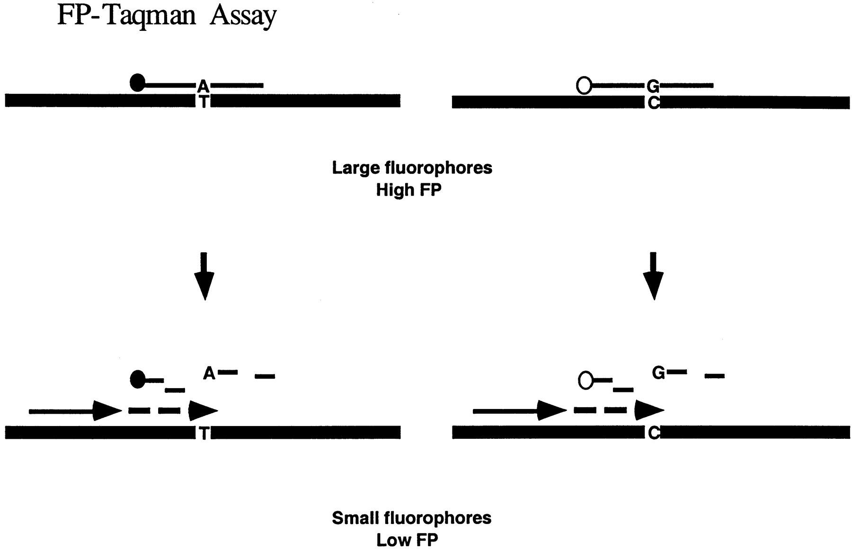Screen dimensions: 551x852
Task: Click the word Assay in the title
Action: [243, 16]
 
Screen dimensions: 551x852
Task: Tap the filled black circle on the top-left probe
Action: [137, 83]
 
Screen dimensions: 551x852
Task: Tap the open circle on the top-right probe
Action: [584, 86]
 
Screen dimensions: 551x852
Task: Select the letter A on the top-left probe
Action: [203, 86]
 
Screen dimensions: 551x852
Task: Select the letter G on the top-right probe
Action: [653, 86]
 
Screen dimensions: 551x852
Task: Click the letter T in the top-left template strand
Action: [203, 101]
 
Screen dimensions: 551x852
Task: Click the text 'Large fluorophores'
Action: [412, 168]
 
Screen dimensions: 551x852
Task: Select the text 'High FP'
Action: [408, 190]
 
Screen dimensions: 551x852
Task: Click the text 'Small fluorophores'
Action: [411, 518]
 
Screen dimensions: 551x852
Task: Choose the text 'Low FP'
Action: [407, 540]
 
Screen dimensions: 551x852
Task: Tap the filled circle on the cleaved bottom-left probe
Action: [137, 379]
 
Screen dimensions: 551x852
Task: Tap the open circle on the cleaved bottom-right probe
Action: [586, 380]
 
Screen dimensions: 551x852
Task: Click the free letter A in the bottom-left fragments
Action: [209, 373]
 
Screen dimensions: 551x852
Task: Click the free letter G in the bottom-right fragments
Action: [658, 373]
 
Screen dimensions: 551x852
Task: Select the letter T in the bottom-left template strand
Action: [204, 433]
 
